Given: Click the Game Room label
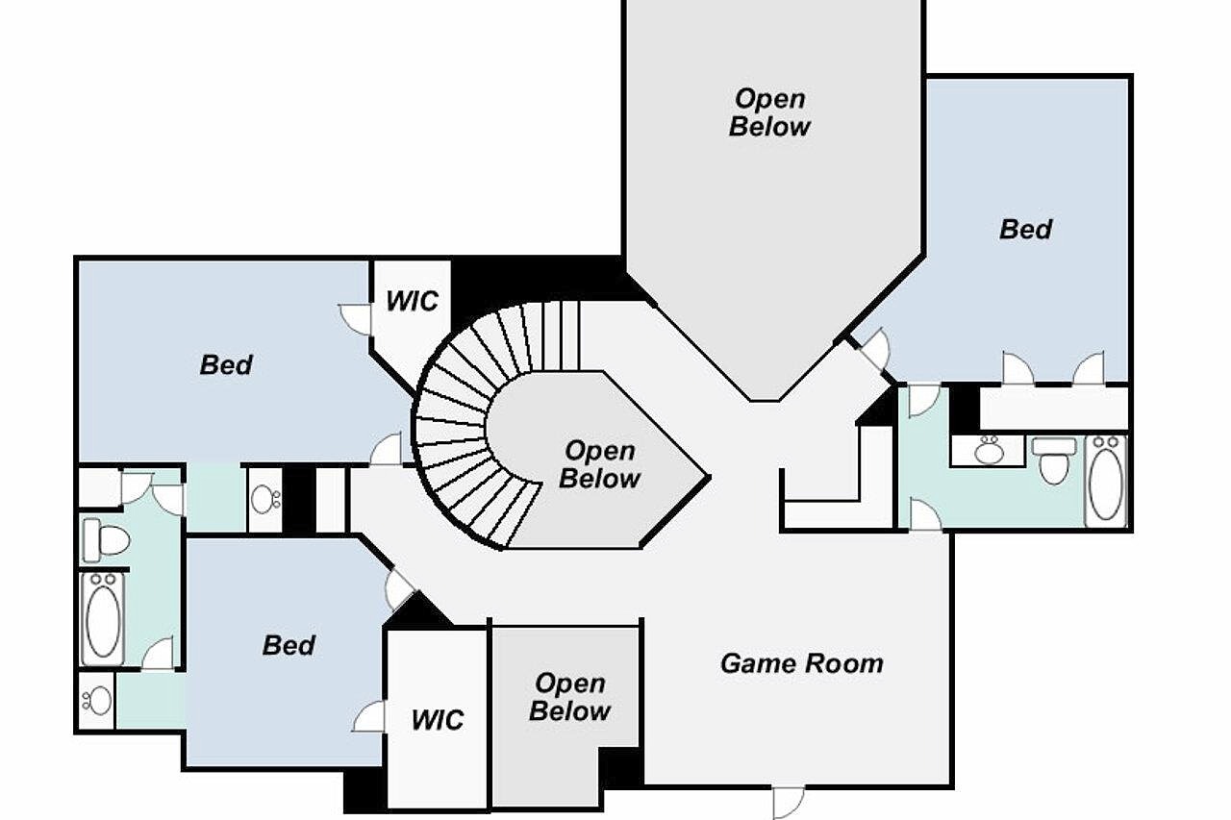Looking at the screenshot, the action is coord(802,663).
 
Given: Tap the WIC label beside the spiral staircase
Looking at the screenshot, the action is coord(413,301).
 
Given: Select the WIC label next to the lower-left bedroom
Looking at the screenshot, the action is coord(438,719).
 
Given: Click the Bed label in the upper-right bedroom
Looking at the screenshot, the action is coord(1025,229).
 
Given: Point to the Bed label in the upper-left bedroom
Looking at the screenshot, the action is coord(226,364).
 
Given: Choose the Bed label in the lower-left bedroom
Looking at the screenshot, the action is coord(289,645).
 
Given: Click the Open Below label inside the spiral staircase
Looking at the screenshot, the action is coord(599,464).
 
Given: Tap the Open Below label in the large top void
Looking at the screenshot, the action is coord(769,112).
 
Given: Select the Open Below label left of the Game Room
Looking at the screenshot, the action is coord(570,697).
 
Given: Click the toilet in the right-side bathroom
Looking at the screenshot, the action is coord(1053,460).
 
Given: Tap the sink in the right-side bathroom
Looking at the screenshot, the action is coord(989,450).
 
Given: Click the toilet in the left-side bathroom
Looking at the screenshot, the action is coord(107,540).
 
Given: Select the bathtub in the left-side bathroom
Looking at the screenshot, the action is coord(103,619).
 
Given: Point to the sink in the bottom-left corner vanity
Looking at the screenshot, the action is coord(97,702).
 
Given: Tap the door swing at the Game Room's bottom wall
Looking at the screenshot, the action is coord(788,803).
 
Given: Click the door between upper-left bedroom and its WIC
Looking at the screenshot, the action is coord(356,319).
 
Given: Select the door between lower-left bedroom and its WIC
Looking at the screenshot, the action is coord(368,715).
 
